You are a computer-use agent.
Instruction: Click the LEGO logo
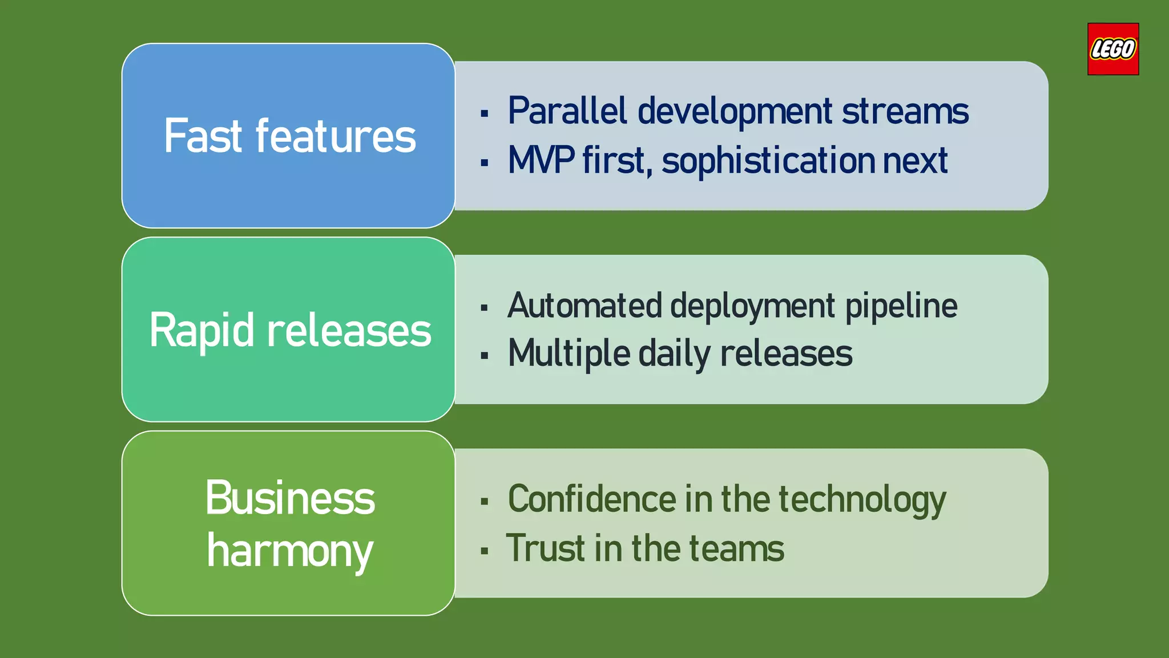click(x=1112, y=49)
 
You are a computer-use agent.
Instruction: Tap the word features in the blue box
click(x=336, y=136)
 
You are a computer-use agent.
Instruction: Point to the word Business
click(x=290, y=497)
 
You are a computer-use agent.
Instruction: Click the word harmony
click(x=290, y=551)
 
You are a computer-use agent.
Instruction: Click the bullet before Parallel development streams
click(x=485, y=113)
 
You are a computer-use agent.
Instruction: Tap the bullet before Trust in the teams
click(x=485, y=551)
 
